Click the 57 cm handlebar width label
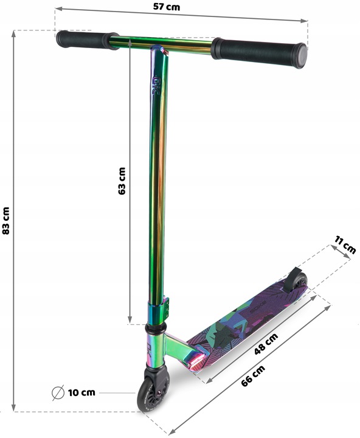coord(167,7)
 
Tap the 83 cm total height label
coord(6,221)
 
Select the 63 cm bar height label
coord(122,181)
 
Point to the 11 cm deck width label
coord(345,245)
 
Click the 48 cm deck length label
coord(266,344)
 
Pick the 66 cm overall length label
coord(253,376)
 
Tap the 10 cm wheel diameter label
coord(81,392)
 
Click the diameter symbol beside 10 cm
coord(58,393)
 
